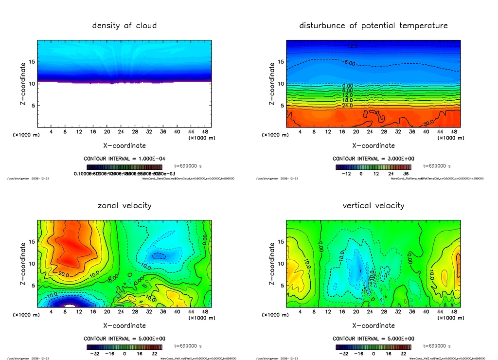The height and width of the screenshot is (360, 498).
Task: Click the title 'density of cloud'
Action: click(x=124, y=25)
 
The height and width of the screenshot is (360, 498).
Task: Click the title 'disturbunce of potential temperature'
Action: click(x=373, y=25)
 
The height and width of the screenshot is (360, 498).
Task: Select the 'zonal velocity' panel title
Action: click(x=124, y=205)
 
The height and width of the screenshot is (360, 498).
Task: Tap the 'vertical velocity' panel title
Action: click(x=373, y=205)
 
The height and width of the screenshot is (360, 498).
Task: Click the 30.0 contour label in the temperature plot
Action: click(x=428, y=124)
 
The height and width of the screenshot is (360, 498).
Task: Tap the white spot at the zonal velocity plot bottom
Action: click(x=71, y=306)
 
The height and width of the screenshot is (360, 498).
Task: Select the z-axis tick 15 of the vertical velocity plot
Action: click(x=281, y=242)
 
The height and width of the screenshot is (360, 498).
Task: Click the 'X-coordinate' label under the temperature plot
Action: click(x=373, y=145)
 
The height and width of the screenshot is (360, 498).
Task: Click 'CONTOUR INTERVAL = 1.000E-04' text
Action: click(x=124, y=159)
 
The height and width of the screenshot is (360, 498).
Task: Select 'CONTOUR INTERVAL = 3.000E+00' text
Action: click(x=373, y=159)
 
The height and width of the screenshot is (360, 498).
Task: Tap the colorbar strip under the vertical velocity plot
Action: click(x=373, y=347)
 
